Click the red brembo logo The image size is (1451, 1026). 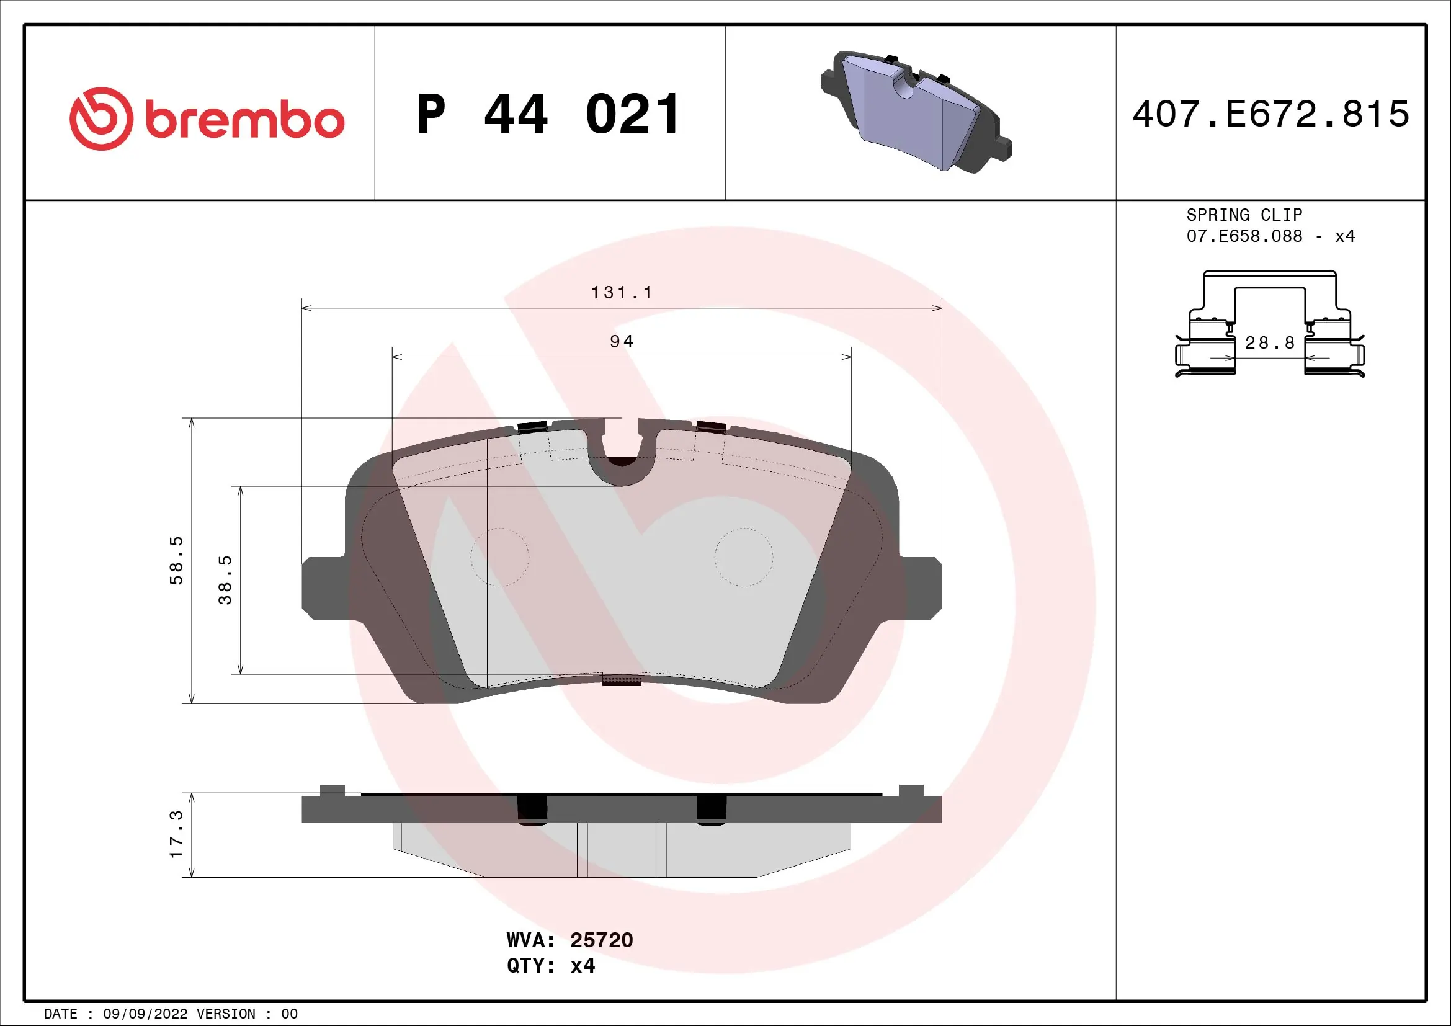[x=207, y=118]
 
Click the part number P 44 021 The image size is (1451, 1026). [x=548, y=114]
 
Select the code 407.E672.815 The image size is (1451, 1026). [x=1270, y=114]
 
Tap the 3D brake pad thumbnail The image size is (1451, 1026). [x=916, y=112]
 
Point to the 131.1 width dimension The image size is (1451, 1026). [x=621, y=293]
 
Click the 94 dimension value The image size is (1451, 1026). [x=621, y=342]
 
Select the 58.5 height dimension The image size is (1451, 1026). [x=176, y=560]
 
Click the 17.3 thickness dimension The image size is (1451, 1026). [x=176, y=834]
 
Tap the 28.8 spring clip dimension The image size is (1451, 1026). [x=1270, y=343]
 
